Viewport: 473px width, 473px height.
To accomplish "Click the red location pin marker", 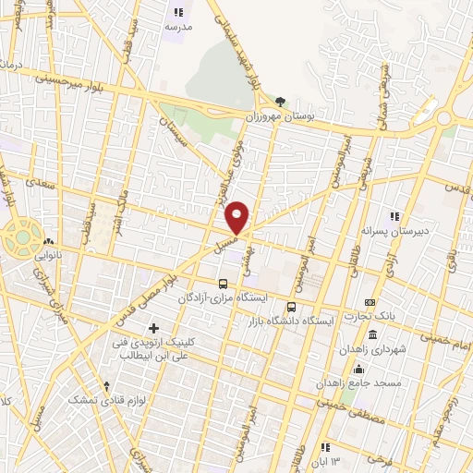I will [x=237, y=217].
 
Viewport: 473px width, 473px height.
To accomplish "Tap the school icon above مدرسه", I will [x=178, y=13].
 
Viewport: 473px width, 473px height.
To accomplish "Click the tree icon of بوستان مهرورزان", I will [x=280, y=103].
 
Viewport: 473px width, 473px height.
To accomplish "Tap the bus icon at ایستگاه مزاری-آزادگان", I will [x=223, y=284].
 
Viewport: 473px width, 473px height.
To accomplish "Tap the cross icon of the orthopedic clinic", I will [x=153, y=328].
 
